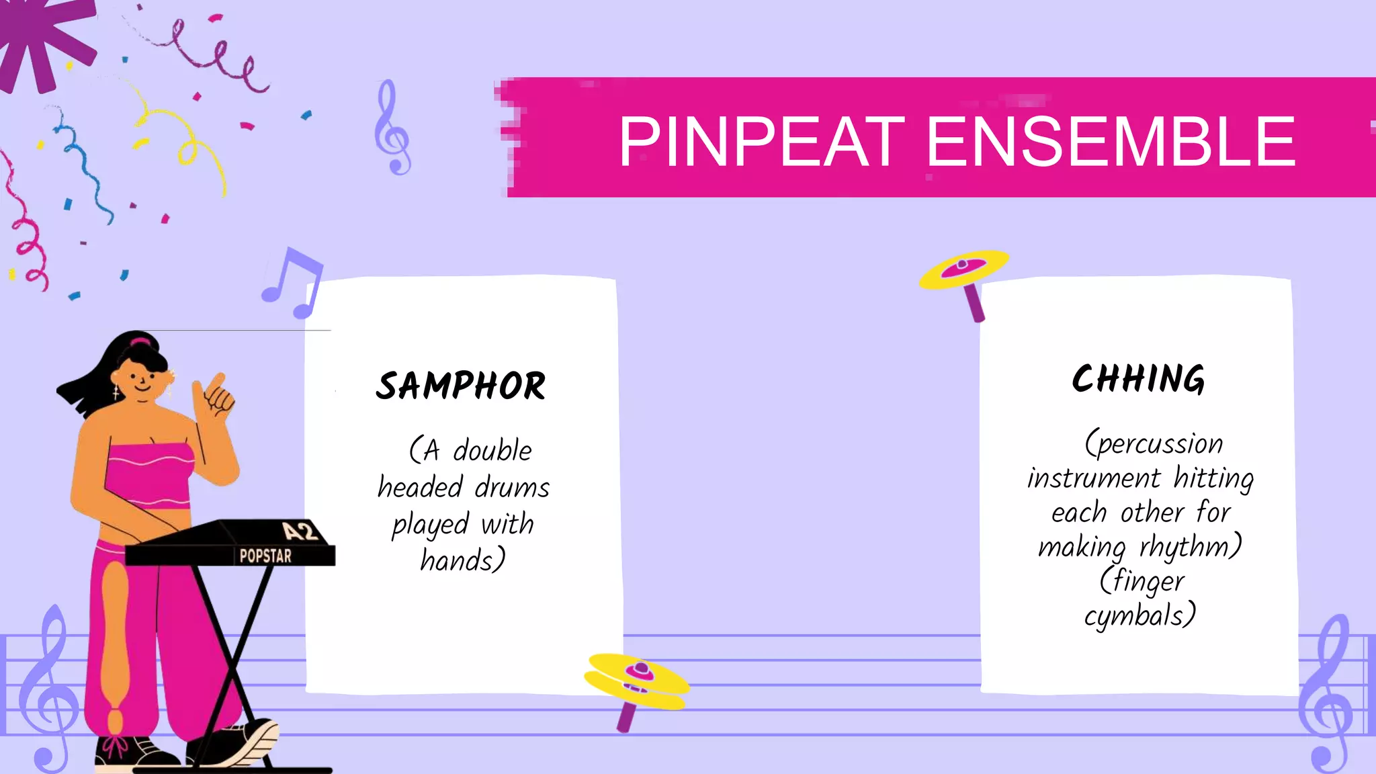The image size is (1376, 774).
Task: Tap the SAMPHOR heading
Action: point(461,386)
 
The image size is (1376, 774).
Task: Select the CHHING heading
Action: point(1138,380)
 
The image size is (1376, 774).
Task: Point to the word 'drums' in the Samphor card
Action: point(512,487)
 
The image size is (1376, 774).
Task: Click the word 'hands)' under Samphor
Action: point(463,560)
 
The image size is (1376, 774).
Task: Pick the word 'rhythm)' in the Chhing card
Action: point(1190,547)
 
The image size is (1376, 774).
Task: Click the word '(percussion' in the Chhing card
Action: point(1154,444)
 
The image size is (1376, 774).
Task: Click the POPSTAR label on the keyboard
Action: point(265,556)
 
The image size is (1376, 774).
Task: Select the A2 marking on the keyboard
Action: point(300,531)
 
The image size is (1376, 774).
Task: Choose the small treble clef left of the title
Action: point(392,128)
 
